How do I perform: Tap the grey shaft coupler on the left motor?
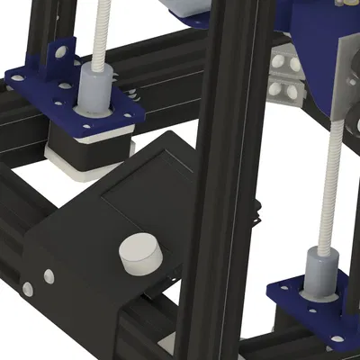point(94,90)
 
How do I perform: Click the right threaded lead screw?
point(334,180)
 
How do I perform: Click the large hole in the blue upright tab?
point(59,52)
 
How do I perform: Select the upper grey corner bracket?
point(287,62)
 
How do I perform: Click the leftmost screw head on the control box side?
point(27,289)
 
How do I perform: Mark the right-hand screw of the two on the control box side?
point(49,275)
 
